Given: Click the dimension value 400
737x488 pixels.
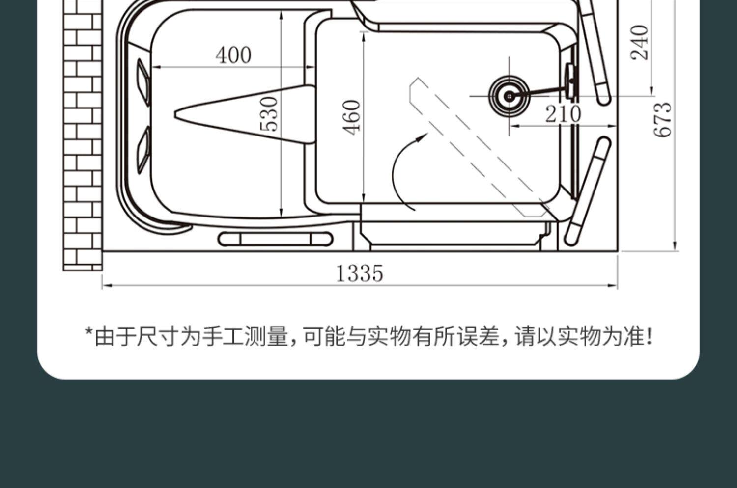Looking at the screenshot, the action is pyautogui.click(x=233, y=55).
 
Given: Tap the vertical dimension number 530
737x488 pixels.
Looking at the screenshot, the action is pyautogui.click(x=269, y=114).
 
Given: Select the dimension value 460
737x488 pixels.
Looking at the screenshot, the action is pyautogui.click(x=352, y=117).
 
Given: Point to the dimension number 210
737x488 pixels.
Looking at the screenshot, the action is pyautogui.click(x=563, y=114).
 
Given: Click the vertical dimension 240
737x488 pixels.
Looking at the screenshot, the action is pyautogui.click(x=640, y=43).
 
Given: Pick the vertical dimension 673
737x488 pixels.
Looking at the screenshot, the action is pyautogui.click(x=662, y=120).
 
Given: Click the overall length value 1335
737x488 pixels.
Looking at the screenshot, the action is pyautogui.click(x=360, y=273).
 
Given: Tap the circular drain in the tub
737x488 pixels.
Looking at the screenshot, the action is pyautogui.click(x=510, y=96).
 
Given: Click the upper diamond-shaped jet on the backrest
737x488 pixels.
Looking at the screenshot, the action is pyautogui.click(x=144, y=82).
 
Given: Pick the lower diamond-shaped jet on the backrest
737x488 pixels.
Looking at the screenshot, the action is pyautogui.click(x=144, y=150).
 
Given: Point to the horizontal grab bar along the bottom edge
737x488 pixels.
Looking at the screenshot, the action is pyautogui.click(x=275, y=239).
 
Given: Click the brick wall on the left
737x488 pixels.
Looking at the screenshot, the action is pyautogui.click(x=83, y=135).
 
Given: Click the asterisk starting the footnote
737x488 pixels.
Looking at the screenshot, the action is pyautogui.click(x=89, y=331).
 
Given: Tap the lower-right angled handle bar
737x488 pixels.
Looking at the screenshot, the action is pyautogui.click(x=587, y=191).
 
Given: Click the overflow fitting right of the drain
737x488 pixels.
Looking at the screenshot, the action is pyautogui.click(x=571, y=81).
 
